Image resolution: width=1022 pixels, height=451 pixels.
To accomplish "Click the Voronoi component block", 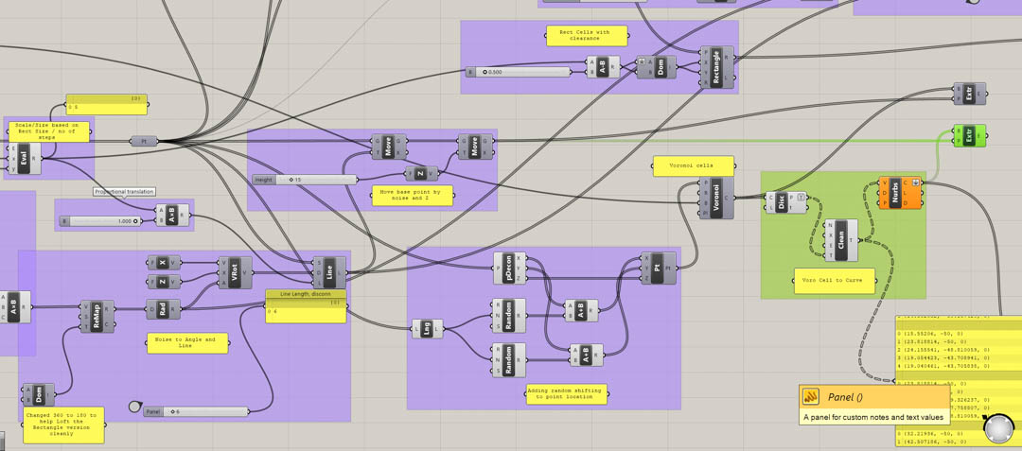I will (716, 199).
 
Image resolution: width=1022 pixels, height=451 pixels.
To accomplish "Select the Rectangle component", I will (716, 68).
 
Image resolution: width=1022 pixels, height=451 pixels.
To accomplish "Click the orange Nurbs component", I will (894, 192).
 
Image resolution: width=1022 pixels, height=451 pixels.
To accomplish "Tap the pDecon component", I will (510, 268).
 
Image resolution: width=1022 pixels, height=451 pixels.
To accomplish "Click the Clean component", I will (841, 241).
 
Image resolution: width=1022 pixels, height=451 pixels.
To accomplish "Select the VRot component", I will (236, 272).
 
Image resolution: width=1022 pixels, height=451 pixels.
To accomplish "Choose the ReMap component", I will (97, 316).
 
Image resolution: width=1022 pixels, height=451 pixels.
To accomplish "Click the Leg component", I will (427, 329).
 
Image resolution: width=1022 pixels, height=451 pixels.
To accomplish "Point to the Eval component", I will (25, 159).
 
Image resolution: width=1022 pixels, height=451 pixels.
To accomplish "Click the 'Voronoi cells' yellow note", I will (693, 165).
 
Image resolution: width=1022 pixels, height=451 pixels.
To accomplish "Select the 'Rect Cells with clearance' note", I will (586, 36).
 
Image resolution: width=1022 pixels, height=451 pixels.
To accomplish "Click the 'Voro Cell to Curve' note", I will (834, 280).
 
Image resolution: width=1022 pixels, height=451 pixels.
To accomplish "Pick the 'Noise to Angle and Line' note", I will (187, 342).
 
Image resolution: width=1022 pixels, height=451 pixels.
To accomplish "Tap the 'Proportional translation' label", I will (124, 192).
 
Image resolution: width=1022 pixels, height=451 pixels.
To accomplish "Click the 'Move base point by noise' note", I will (412, 196).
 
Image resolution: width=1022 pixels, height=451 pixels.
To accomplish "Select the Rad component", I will (164, 309).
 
